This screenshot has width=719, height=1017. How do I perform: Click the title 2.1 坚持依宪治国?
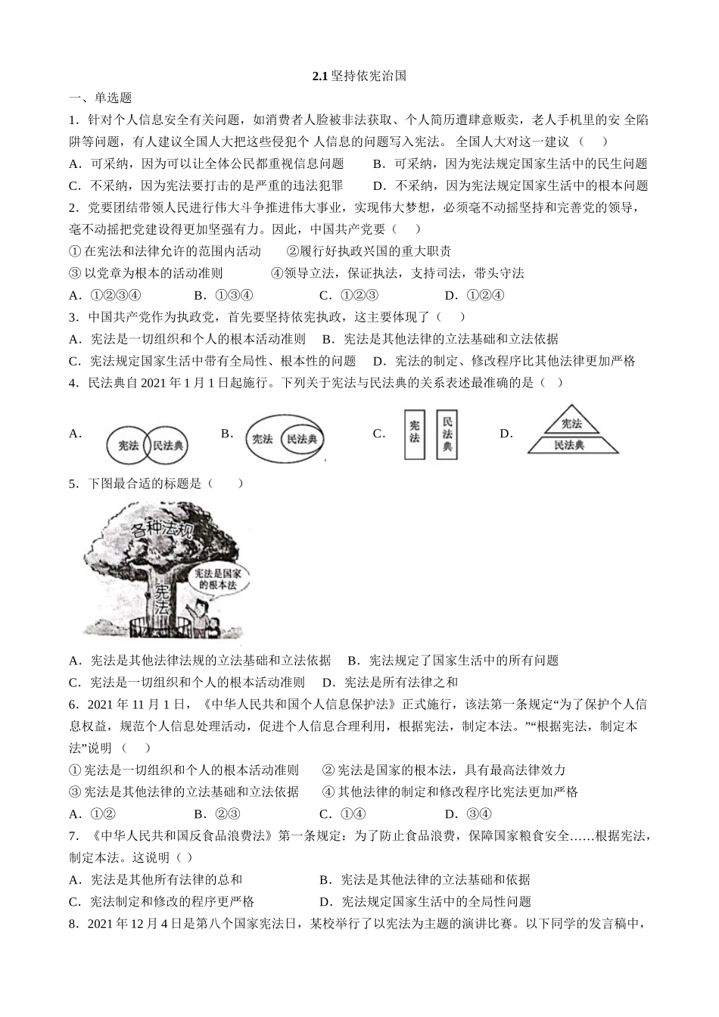tap(359, 76)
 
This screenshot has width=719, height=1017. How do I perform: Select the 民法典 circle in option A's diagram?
tap(168, 446)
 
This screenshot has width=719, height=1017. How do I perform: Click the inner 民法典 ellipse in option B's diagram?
tap(301, 439)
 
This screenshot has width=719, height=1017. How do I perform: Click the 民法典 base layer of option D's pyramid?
tap(569, 445)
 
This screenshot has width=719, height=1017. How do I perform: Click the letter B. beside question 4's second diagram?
tap(227, 433)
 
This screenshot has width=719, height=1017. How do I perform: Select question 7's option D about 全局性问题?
tap(425, 901)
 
